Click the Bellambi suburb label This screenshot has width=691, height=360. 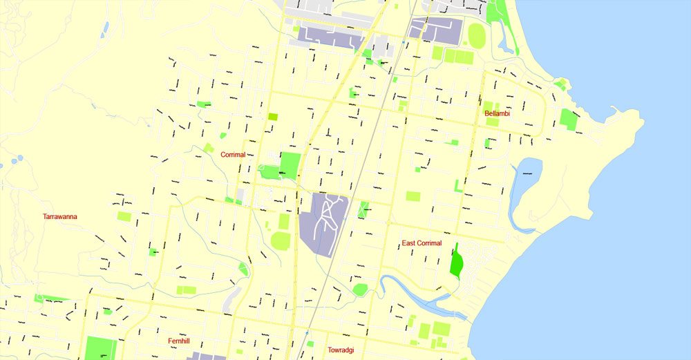pyautogui.click(x=497, y=113)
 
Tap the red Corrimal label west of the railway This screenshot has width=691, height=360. pyautogui.click(x=233, y=155)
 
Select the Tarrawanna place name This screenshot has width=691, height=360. pyautogui.click(x=60, y=216)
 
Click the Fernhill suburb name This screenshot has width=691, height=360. pyautogui.click(x=178, y=341)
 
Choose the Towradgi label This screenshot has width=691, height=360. pyautogui.click(x=341, y=350)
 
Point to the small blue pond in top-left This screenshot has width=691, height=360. pyautogui.click(x=105, y=29)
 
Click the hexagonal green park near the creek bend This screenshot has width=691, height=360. pyautogui.click(x=360, y=290)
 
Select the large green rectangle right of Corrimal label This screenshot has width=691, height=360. pyautogui.click(x=290, y=166)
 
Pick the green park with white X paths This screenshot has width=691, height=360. pyautogui.click(x=363, y=209)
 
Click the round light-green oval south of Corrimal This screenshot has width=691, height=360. pyautogui.click(x=280, y=241)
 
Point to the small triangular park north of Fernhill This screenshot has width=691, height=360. pyautogui.click(x=243, y=269)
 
